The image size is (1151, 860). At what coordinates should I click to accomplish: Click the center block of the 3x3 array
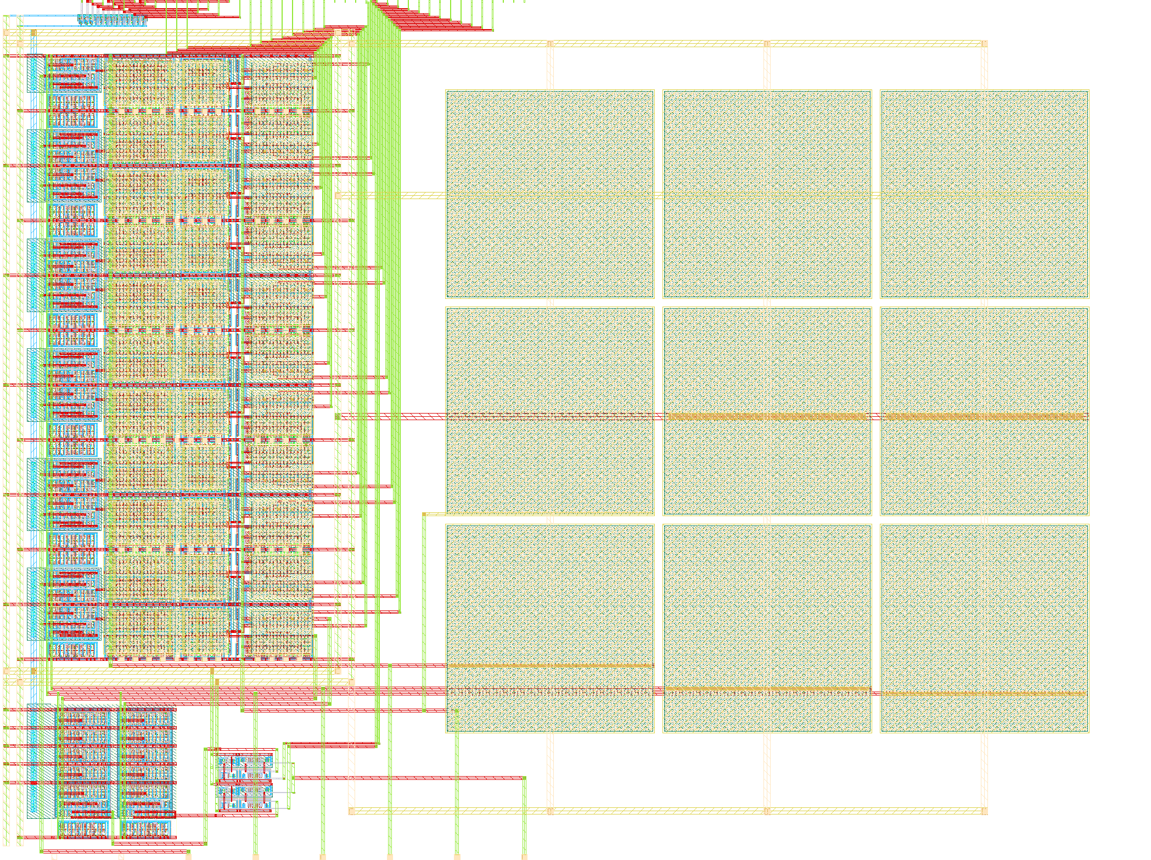click(x=767, y=411)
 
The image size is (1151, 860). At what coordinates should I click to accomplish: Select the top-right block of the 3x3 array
click(x=984, y=194)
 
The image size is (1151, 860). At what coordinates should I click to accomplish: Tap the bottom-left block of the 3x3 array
click(x=550, y=629)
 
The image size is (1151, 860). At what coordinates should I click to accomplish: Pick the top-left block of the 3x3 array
click(x=550, y=194)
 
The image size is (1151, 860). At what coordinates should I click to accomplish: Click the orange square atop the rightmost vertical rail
click(x=984, y=43)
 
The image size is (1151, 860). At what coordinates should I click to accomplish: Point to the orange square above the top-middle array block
click(x=767, y=43)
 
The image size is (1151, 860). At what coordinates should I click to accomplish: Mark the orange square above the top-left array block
click(x=550, y=43)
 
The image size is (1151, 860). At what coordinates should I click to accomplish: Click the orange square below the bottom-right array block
click(x=984, y=811)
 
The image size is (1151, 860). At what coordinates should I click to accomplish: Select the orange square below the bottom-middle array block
click(x=767, y=811)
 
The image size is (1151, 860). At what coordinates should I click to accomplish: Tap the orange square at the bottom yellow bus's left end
click(x=352, y=811)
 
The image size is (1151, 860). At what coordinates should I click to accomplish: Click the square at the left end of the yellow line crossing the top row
click(x=338, y=195)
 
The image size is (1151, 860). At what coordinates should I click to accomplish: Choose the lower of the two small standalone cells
click(x=244, y=796)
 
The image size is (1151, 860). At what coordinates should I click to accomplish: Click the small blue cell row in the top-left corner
click(x=112, y=20)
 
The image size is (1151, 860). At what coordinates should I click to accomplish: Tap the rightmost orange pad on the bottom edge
click(x=524, y=856)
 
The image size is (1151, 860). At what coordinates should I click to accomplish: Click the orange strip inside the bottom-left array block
click(x=550, y=665)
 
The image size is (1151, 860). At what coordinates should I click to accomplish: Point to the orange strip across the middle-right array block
click(x=984, y=416)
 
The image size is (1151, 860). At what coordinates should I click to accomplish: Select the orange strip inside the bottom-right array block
click(x=984, y=694)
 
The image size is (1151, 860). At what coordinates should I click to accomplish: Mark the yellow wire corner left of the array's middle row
click(x=424, y=514)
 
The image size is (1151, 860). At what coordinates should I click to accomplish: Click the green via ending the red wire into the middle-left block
click(x=338, y=416)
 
